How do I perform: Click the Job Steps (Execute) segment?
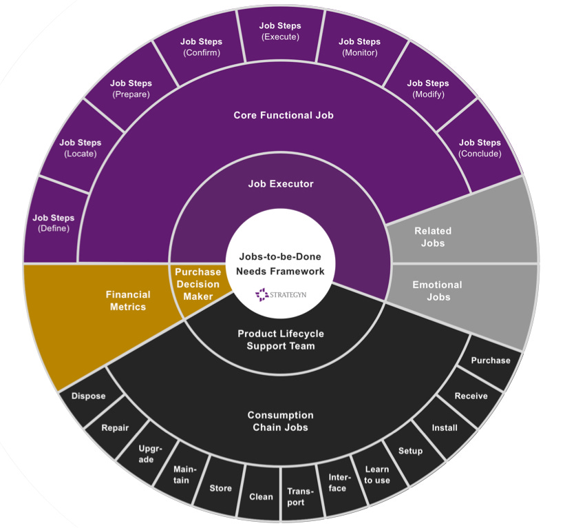pos(280,32)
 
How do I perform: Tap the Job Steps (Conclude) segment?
pos(480,148)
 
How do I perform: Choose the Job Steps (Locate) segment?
pos(81,148)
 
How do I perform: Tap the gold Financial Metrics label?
pos(128,301)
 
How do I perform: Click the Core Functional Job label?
pos(283,115)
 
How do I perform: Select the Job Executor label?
pos(280,184)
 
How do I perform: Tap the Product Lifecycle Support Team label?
pos(280,339)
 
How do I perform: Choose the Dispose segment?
pos(88,396)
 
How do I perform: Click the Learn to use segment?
pos(376,475)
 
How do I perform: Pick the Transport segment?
pos(300,496)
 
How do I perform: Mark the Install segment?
pos(444,427)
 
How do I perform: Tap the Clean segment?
pos(261,496)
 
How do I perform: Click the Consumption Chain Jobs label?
pos(280,421)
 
